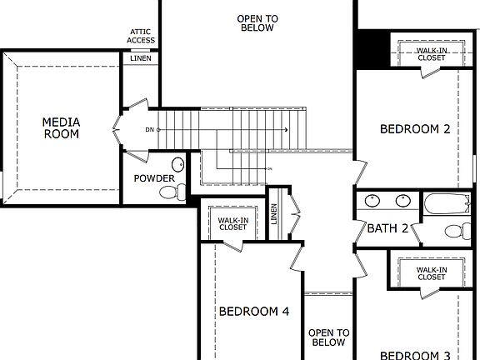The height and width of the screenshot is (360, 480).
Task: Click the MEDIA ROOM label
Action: point(61,128)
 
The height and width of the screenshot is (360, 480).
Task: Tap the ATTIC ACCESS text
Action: point(140,35)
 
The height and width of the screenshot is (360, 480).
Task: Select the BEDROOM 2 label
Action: point(415,129)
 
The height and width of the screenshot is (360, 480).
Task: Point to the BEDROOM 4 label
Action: point(253,312)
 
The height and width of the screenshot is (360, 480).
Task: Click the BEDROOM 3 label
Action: point(415,354)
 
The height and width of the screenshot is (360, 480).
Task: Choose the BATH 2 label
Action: point(387,227)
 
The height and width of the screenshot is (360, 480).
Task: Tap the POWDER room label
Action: point(154,178)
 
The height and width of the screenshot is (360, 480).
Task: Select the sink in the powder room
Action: point(178,163)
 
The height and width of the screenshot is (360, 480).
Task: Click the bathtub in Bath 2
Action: point(447,204)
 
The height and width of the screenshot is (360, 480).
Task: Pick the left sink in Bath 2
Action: point(373,200)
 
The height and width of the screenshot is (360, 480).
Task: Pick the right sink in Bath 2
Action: point(403,200)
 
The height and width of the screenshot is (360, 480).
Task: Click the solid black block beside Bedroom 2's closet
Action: point(372,50)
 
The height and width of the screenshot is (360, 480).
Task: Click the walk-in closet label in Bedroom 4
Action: point(232,223)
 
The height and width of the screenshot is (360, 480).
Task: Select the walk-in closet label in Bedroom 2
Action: point(432,54)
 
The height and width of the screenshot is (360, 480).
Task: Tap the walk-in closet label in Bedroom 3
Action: point(432,273)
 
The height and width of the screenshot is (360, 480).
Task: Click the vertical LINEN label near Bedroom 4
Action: point(274,214)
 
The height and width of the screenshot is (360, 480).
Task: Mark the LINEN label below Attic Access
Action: point(140,57)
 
